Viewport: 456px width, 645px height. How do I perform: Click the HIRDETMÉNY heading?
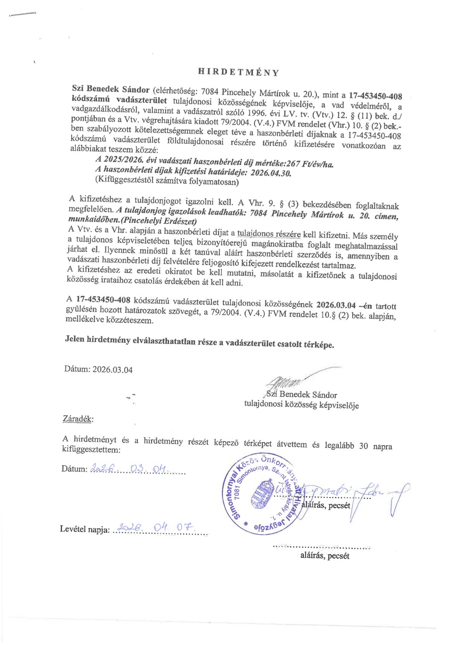pyautogui.click(x=238, y=72)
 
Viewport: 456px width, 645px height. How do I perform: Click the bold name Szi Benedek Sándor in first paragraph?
pyautogui.click(x=111, y=89)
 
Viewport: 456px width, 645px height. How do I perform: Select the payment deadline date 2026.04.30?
pyautogui.click(x=271, y=173)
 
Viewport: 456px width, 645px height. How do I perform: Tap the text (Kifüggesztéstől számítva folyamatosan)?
pyautogui.click(x=167, y=181)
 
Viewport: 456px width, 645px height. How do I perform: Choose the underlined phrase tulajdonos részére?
pyautogui.click(x=269, y=234)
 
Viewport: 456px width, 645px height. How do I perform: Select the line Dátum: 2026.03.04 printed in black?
pyautogui.click(x=98, y=369)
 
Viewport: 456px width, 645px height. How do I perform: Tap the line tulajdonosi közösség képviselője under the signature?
pyautogui.click(x=301, y=404)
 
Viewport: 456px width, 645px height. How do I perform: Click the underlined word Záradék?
pyautogui.click(x=78, y=418)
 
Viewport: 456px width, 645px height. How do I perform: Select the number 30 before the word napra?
pyautogui.click(x=363, y=446)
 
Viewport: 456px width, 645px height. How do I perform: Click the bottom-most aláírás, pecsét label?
pyautogui.click(x=324, y=556)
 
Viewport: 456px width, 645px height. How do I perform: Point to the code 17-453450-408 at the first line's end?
pyautogui.click(x=375, y=95)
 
